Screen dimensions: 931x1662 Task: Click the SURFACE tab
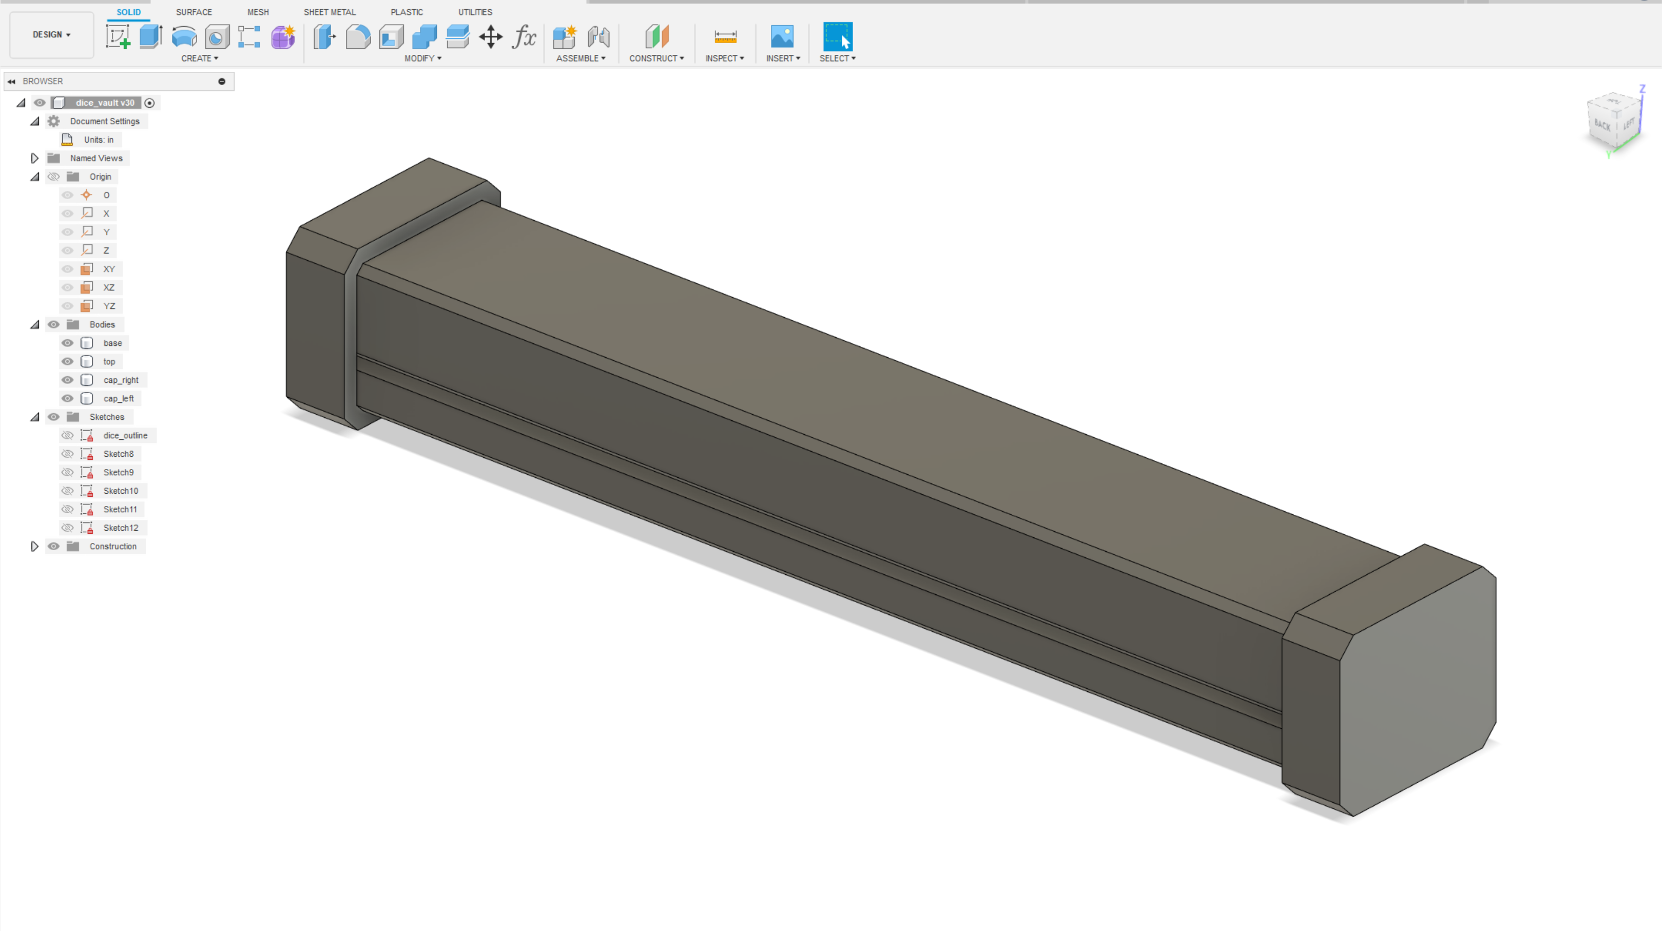[x=194, y=12]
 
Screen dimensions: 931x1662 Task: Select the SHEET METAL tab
[x=329, y=12]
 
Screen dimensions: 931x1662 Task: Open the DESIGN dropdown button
[x=51, y=35]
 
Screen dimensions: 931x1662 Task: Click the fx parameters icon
[x=524, y=37]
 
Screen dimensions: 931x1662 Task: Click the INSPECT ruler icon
[x=725, y=37]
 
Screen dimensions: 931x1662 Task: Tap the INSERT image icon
[x=782, y=37]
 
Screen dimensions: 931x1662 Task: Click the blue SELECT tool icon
[x=838, y=37]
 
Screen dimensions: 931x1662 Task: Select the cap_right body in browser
[x=121, y=380]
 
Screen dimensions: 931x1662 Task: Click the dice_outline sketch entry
[x=125, y=436]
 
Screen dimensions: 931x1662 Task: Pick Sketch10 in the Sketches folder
[x=121, y=491]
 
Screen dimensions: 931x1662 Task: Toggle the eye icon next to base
[x=67, y=343]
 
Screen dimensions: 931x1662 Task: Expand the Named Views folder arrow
[x=35, y=158]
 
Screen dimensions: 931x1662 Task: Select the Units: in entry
[x=98, y=140]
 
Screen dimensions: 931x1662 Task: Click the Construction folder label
[x=113, y=547]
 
